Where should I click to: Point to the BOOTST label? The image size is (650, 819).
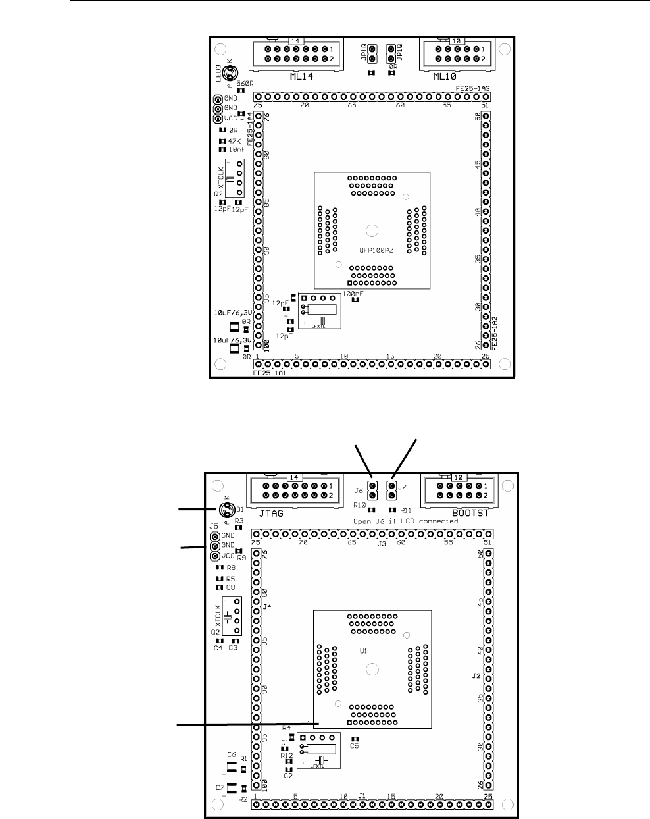470,512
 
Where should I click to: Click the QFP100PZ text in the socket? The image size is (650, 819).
372,250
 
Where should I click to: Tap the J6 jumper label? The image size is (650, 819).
359,490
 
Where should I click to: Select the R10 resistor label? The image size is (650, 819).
359,505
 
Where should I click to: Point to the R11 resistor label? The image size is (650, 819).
405,510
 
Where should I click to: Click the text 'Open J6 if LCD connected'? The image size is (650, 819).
405,521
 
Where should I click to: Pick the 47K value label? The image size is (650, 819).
235,141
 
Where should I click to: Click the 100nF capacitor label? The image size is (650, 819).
353,293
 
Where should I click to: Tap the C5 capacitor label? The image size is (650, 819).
355,745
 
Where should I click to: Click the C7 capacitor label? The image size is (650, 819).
220,787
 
